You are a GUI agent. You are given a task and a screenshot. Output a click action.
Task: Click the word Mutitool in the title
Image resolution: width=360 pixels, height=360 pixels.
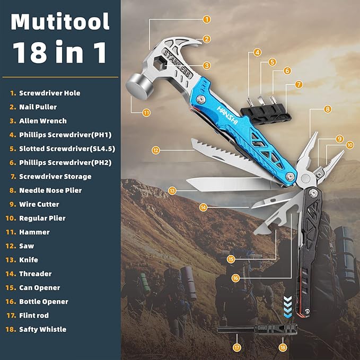pyautogui.click(x=60, y=22)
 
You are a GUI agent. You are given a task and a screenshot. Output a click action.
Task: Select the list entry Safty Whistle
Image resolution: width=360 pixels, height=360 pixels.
pyautogui.click(x=42, y=329)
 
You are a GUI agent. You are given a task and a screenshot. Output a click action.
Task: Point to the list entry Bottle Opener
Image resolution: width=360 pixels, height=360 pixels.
pyautogui.click(x=43, y=302)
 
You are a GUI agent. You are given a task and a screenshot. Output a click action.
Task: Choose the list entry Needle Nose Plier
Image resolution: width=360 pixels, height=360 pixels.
pyautogui.click(x=50, y=190)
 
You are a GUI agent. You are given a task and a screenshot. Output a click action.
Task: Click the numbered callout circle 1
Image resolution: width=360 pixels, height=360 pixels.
pyautogui.click(x=206, y=19)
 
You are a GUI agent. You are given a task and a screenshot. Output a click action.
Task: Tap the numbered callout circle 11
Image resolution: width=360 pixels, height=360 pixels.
pyautogui.click(x=146, y=112)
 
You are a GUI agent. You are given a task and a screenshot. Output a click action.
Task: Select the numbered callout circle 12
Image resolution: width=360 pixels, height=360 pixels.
pyautogui.click(x=155, y=150)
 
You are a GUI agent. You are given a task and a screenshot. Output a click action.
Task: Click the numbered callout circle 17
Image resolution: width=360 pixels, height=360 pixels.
pyautogui.click(x=236, y=347)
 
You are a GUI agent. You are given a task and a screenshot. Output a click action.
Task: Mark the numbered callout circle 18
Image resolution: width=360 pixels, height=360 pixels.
pyautogui.click(x=282, y=347)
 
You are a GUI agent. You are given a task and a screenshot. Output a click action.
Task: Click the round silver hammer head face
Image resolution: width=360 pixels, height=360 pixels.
pyautogui.click(x=137, y=85)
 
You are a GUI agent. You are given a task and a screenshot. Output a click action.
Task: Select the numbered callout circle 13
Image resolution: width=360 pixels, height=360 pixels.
pyautogui.click(x=172, y=190)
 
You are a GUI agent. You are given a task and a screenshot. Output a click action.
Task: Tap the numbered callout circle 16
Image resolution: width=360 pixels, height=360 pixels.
pyautogui.click(x=235, y=277)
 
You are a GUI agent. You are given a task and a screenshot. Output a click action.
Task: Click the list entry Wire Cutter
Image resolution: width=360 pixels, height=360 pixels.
pyautogui.click(x=39, y=204)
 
